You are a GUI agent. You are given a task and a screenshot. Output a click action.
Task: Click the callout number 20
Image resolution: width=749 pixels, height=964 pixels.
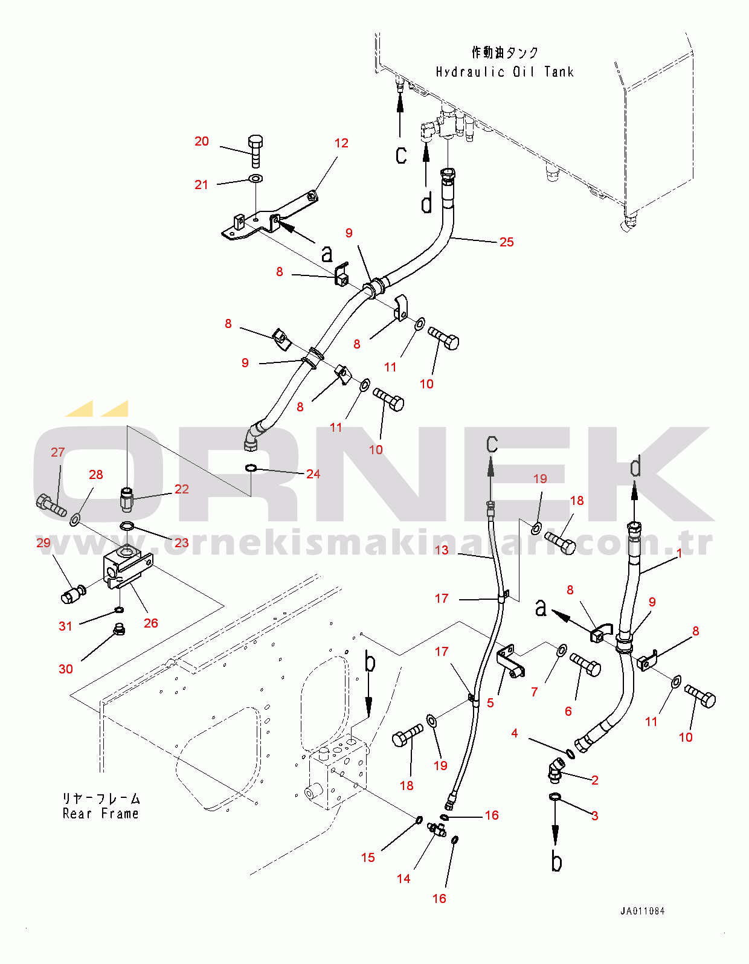[202, 141]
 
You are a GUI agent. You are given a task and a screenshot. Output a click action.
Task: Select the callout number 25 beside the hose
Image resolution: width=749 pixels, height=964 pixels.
[506, 242]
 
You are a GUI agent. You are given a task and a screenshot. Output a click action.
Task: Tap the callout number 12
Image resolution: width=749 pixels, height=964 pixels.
[341, 143]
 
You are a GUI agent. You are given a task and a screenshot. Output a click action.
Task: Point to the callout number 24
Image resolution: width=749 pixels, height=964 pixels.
[313, 474]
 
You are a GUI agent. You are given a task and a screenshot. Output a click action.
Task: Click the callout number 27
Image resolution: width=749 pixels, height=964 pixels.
[58, 452]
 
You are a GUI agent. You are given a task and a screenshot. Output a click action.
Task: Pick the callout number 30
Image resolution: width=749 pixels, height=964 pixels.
[66, 669]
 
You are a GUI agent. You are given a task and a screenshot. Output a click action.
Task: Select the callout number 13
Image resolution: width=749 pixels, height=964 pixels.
[442, 550]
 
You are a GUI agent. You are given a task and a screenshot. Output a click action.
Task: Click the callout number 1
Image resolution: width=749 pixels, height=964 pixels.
[679, 553]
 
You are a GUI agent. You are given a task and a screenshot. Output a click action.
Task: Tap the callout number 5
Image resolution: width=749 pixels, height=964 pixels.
[490, 703]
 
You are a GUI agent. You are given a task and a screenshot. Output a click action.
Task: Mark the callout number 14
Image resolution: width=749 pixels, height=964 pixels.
[403, 879]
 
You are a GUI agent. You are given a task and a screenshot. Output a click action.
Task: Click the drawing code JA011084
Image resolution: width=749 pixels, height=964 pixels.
[642, 911]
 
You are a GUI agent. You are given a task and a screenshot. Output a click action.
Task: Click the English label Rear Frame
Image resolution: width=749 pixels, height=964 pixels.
[100, 814]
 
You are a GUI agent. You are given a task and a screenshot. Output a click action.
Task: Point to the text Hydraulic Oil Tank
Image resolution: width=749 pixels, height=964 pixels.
[504, 72]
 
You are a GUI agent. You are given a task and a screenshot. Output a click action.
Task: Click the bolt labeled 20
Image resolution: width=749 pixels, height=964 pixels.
[256, 150]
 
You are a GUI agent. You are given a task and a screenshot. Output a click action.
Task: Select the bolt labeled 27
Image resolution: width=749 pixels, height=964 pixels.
[51, 505]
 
